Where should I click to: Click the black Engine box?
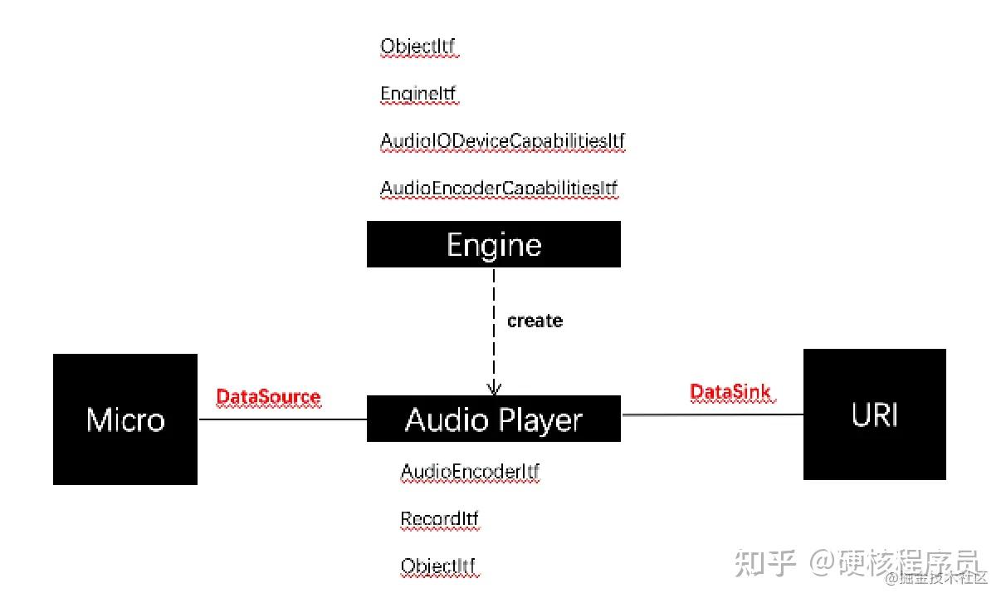tap(493, 244)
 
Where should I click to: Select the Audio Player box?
tap(493, 419)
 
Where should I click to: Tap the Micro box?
tap(125, 419)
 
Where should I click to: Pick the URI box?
tap(874, 414)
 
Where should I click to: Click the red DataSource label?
tap(268, 397)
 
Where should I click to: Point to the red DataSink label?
tap(730, 392)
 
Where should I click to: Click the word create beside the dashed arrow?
tap(535, 321)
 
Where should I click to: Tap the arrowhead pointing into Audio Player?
tap(494, 388)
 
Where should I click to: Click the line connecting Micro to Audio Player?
tap(282, 419)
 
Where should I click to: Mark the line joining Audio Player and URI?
tap(712, 414)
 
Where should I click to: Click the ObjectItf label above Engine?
tap(418, 46)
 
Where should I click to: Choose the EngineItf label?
tap(418, 94)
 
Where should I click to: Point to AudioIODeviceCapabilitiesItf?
tap(502, 141)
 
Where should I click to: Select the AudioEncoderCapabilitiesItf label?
tap(499, 189)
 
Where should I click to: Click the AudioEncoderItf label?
tap(470, 472)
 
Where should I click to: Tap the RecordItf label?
tap(439, 519)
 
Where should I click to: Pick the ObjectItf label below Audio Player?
tap(439, 566)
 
